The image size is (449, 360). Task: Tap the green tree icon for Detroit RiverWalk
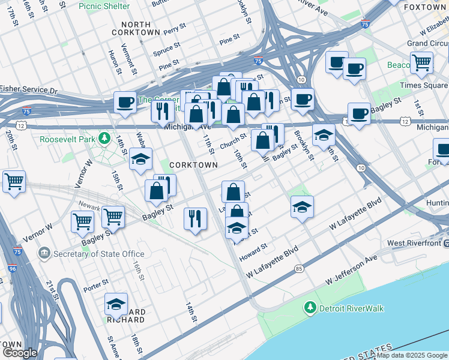click(310, 308)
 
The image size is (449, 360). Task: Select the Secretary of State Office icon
click(44, 254)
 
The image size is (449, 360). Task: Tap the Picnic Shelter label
click(104, 6)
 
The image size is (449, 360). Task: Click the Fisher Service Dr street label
click(28, 89)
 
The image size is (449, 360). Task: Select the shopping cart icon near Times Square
click(422, 62)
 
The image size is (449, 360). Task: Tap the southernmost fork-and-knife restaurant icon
click(195, 218)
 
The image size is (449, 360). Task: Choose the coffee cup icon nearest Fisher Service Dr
click(125, 101)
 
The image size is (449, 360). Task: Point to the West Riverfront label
click(414, 243)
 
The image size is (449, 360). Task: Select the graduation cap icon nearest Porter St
click(116, 304)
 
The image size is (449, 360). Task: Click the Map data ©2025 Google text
click(412, 355)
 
